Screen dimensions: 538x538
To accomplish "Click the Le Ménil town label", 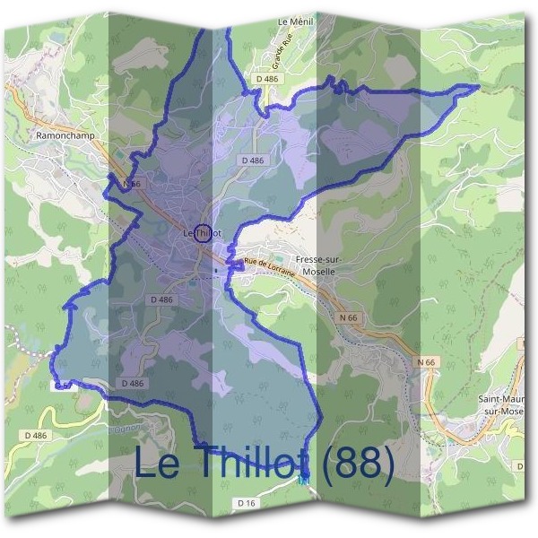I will [294, 22].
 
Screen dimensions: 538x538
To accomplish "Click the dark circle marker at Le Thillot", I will [203, 232].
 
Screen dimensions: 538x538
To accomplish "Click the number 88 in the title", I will [358, 464].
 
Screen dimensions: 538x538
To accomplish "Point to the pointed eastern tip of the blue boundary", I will [479, 87].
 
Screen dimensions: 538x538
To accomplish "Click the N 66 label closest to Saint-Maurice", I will [425, 361].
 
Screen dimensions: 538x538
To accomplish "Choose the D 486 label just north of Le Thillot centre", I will [253, 160].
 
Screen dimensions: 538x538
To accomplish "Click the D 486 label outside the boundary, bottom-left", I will [36, 435].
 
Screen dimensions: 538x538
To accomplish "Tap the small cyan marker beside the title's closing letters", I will [304, 482].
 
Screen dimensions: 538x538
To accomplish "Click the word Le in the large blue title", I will [154, 464].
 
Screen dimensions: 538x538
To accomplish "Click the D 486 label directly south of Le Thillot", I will [162, 299].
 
